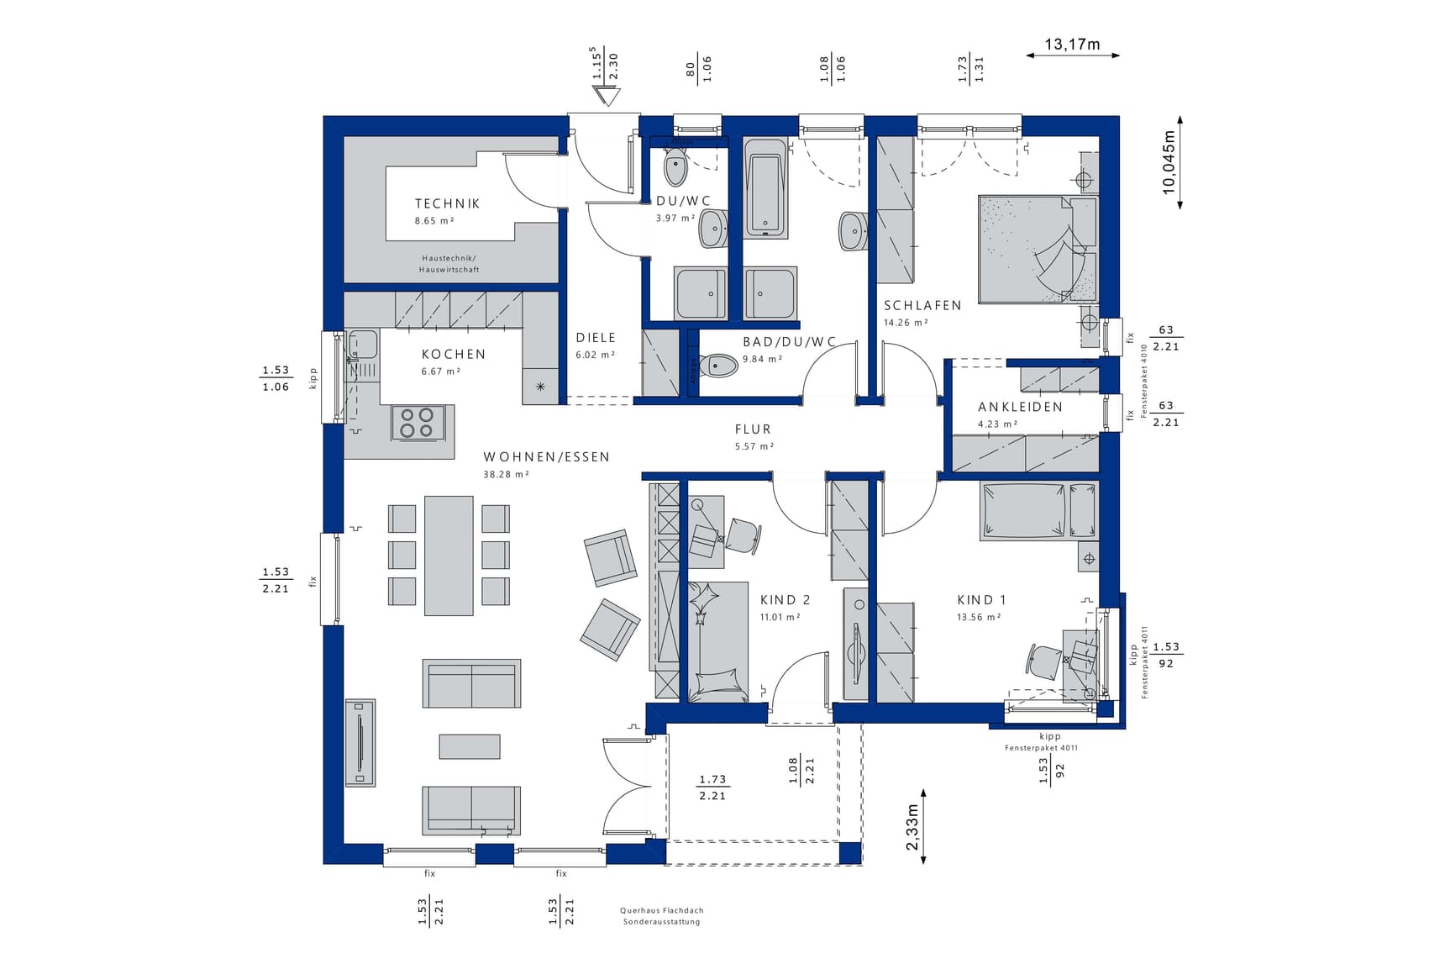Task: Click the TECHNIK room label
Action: point(447,203)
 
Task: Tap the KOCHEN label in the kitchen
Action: point(454,355)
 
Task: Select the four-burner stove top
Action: point(417,423)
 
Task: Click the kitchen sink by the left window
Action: point(362,345)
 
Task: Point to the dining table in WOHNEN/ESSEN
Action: point(449,556)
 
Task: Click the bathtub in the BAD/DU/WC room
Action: point(765,187)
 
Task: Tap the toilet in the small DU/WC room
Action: point(675,167)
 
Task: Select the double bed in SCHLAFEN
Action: point(1038,249)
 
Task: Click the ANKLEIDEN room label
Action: point(1020,407)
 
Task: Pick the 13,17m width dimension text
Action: point(1072,45)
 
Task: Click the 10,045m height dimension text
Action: point(1169,163)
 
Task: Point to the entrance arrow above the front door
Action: point(606,97)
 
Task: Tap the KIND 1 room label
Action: point(981,600)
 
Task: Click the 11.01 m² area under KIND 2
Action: point(780,617)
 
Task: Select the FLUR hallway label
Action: point(753,429)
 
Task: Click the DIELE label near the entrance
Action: point(596,338)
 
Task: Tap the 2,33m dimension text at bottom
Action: point(912,827)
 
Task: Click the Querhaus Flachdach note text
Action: point(662,910)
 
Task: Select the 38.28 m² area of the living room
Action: point(506,474)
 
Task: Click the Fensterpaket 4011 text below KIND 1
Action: point(1041,747)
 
